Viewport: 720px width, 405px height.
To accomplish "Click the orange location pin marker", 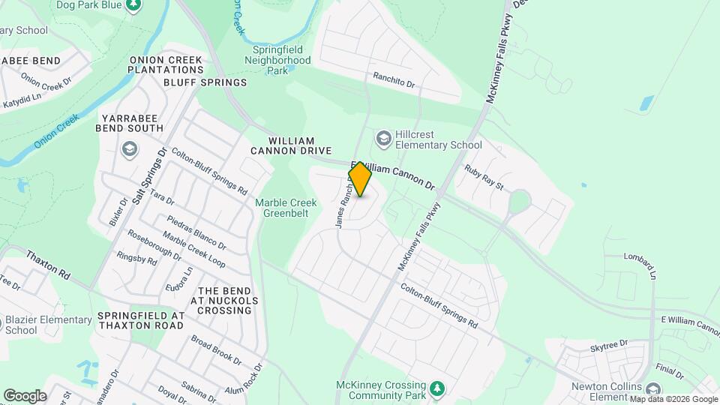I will (361, 179).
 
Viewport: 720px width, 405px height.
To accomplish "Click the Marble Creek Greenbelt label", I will (286, 208).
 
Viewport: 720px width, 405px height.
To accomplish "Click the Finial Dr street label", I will (669, 370).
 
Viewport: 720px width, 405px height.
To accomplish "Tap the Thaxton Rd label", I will (48, 265).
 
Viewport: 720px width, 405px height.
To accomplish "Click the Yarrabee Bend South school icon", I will (130, 149).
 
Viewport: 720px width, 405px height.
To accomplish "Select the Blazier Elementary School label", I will (46, 325).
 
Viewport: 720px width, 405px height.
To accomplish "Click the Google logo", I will (25, 395).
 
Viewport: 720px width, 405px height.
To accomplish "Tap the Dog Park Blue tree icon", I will (133, 5).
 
